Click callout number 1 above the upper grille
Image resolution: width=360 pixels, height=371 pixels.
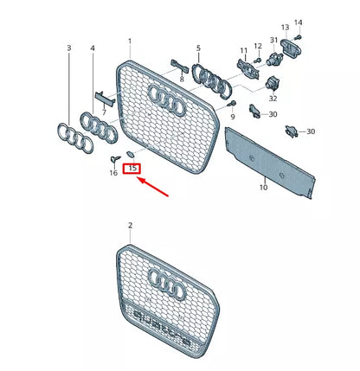pos(131,41)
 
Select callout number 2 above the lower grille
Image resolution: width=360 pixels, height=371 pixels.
pos(131,226)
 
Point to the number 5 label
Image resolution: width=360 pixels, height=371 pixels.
pos(197,48)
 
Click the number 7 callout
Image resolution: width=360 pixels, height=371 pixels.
pos(104,112)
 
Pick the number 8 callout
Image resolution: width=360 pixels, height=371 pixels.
pos(181,78)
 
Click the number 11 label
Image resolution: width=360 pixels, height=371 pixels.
pos(243,53)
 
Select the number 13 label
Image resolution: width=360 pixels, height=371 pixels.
pos(285,29)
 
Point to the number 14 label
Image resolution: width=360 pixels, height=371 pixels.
pos(299,22)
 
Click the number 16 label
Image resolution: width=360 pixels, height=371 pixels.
pos(113,173)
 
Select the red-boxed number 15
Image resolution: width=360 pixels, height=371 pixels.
pos(132,168)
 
